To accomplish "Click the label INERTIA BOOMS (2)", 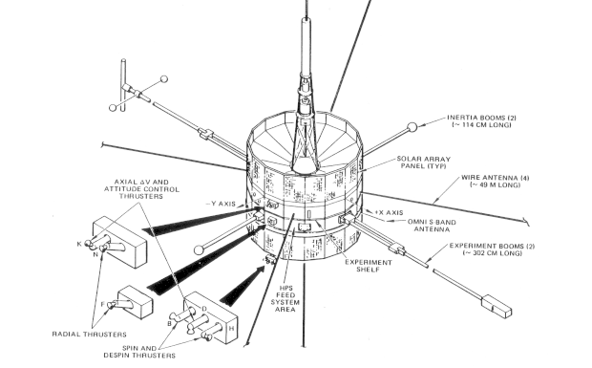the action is point(479,118).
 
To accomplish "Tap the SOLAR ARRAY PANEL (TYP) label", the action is point(424,162).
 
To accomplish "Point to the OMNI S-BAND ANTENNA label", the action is point(432,226).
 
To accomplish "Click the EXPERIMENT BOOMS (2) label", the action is point(492,246).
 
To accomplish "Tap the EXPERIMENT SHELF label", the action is point(369,266).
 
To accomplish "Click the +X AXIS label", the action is point(389,213).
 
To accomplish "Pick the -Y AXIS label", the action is point(221,204).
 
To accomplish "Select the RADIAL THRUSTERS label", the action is point(89,334).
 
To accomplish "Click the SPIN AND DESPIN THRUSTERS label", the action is point(139,352).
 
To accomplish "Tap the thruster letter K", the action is point(79,244).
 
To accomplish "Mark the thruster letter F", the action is point(103,304).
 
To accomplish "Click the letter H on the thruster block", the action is point(231,328).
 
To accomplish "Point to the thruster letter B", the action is point(170,323).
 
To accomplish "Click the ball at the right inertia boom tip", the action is point(412,127).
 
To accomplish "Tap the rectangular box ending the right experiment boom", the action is point(497,306).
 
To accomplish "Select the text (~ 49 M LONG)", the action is point(495,184).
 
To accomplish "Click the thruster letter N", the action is point(95,254).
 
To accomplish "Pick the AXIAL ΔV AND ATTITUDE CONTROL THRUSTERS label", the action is point(141,189).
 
